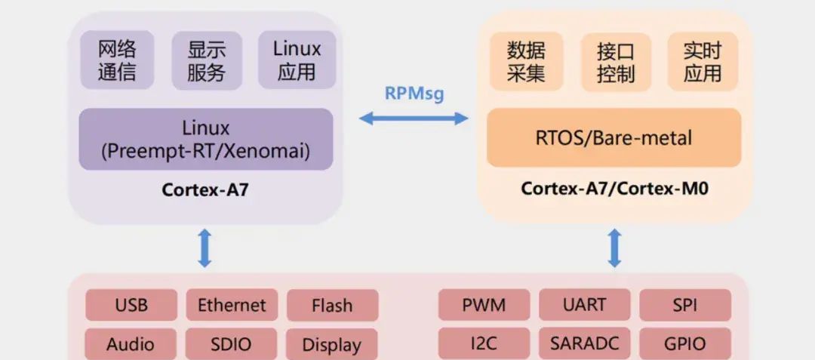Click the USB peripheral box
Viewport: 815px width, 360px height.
(x=131, y=305)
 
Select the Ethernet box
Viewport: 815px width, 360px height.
(x=232, y=305)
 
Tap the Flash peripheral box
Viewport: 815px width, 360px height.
(x=332, y=305)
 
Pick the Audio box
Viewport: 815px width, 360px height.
(x=131, y=344)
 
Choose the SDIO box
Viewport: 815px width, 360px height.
(x=231, y=344)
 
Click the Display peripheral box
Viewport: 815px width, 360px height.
(x=331, y=344)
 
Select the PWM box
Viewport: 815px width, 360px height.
(x=484, y=305)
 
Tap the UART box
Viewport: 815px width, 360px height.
(x=584, y=305)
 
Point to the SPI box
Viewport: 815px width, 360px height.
(x=685, y=305)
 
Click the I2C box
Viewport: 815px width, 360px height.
(x=484, y=344)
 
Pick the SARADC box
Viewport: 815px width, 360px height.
(x=584, y=344)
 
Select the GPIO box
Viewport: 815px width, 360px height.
(x=685, y=344)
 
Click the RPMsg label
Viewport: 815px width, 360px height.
(x=414, y=94)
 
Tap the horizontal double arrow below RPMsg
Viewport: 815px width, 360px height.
(x=414, y=118)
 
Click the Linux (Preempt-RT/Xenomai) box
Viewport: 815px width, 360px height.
(x=206, y=139)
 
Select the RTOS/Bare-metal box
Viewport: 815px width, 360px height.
(x=614, y=137)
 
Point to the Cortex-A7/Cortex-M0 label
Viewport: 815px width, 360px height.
(x=614, y=188)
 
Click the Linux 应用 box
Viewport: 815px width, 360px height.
(x=297, y=61)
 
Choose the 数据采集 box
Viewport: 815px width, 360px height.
(x=526, y=62)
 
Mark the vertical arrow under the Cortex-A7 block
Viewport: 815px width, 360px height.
(x=205, y=248)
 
